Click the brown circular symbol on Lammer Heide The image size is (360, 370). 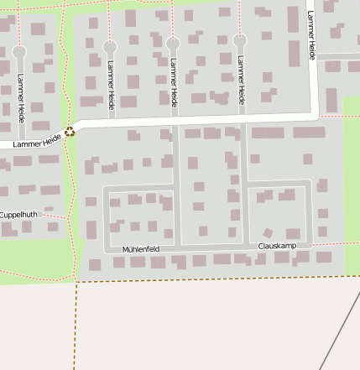coord(69,131)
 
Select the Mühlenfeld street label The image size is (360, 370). coord(140,249)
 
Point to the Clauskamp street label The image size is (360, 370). coord(278,245)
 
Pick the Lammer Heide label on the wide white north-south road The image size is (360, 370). coord(311,35)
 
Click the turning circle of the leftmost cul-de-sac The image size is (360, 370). coord(19,52)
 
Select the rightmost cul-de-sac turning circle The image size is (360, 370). coord(240,40)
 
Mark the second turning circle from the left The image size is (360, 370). coord(110,46)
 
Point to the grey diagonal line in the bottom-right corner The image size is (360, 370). coord(340,332)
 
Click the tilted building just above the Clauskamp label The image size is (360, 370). coord(268,232)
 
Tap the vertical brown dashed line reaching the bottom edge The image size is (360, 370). coord(76,327)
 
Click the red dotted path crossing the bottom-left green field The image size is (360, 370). coord(34,273)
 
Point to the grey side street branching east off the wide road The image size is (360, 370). coord(337,57)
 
